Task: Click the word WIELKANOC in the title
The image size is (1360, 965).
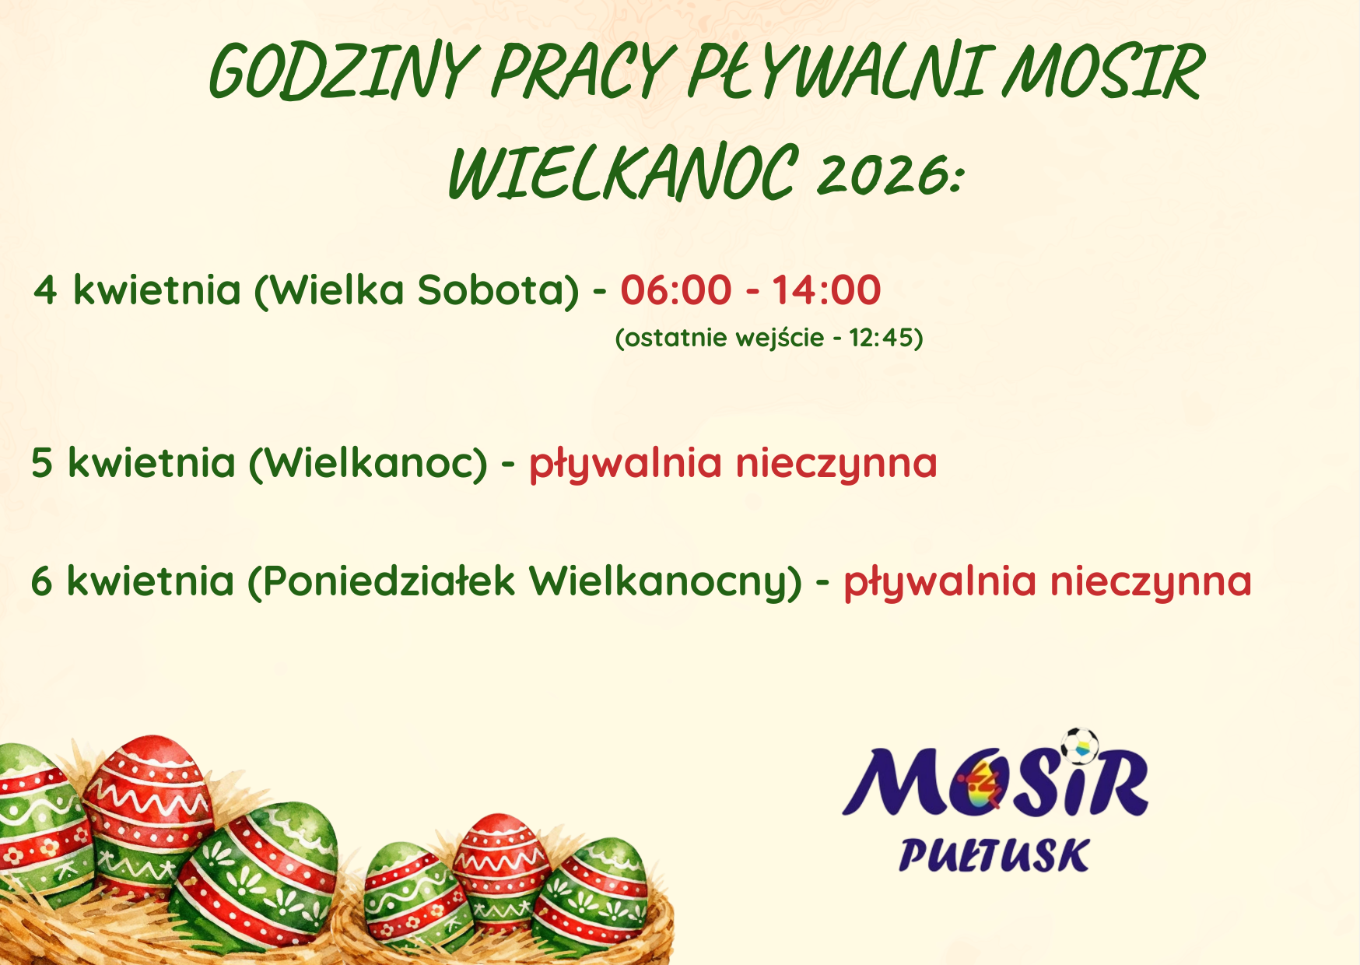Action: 622,173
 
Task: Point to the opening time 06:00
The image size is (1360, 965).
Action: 676,289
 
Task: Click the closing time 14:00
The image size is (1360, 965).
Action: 826,289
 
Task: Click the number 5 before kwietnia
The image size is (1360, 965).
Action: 42,463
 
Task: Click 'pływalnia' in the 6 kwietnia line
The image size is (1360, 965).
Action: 941,584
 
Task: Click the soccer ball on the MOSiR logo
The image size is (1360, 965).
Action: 1080,746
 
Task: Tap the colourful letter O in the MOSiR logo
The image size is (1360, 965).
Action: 987,785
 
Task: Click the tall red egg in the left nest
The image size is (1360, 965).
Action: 148,809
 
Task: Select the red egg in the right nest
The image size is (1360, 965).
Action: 501,868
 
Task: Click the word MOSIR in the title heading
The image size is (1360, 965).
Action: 1103,72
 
